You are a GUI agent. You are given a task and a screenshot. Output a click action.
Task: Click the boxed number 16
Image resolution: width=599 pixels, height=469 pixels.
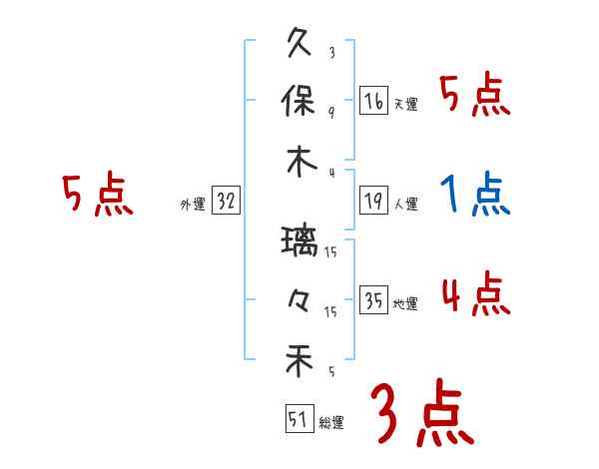[373, 101]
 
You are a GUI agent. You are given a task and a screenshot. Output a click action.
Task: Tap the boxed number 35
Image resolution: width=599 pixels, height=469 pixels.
[373, 300]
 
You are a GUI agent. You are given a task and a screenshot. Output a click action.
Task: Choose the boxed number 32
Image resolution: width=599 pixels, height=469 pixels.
[226, 202]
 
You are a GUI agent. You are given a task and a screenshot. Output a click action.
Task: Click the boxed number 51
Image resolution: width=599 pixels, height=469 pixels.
[298, 418]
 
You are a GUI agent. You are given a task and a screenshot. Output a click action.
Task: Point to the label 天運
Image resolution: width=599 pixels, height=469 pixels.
[405, 104]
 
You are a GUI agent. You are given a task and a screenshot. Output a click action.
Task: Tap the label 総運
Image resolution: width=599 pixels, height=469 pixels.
[331, 422]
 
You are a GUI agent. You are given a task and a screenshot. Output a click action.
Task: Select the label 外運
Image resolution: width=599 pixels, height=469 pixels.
[193, 205]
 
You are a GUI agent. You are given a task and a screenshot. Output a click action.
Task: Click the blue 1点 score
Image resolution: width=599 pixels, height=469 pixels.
[475, 195]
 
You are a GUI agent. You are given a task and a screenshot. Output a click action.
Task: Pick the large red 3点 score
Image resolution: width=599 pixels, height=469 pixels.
[421, 415]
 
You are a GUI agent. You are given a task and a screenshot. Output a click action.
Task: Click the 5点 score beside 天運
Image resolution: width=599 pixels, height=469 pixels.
[475, 97]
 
